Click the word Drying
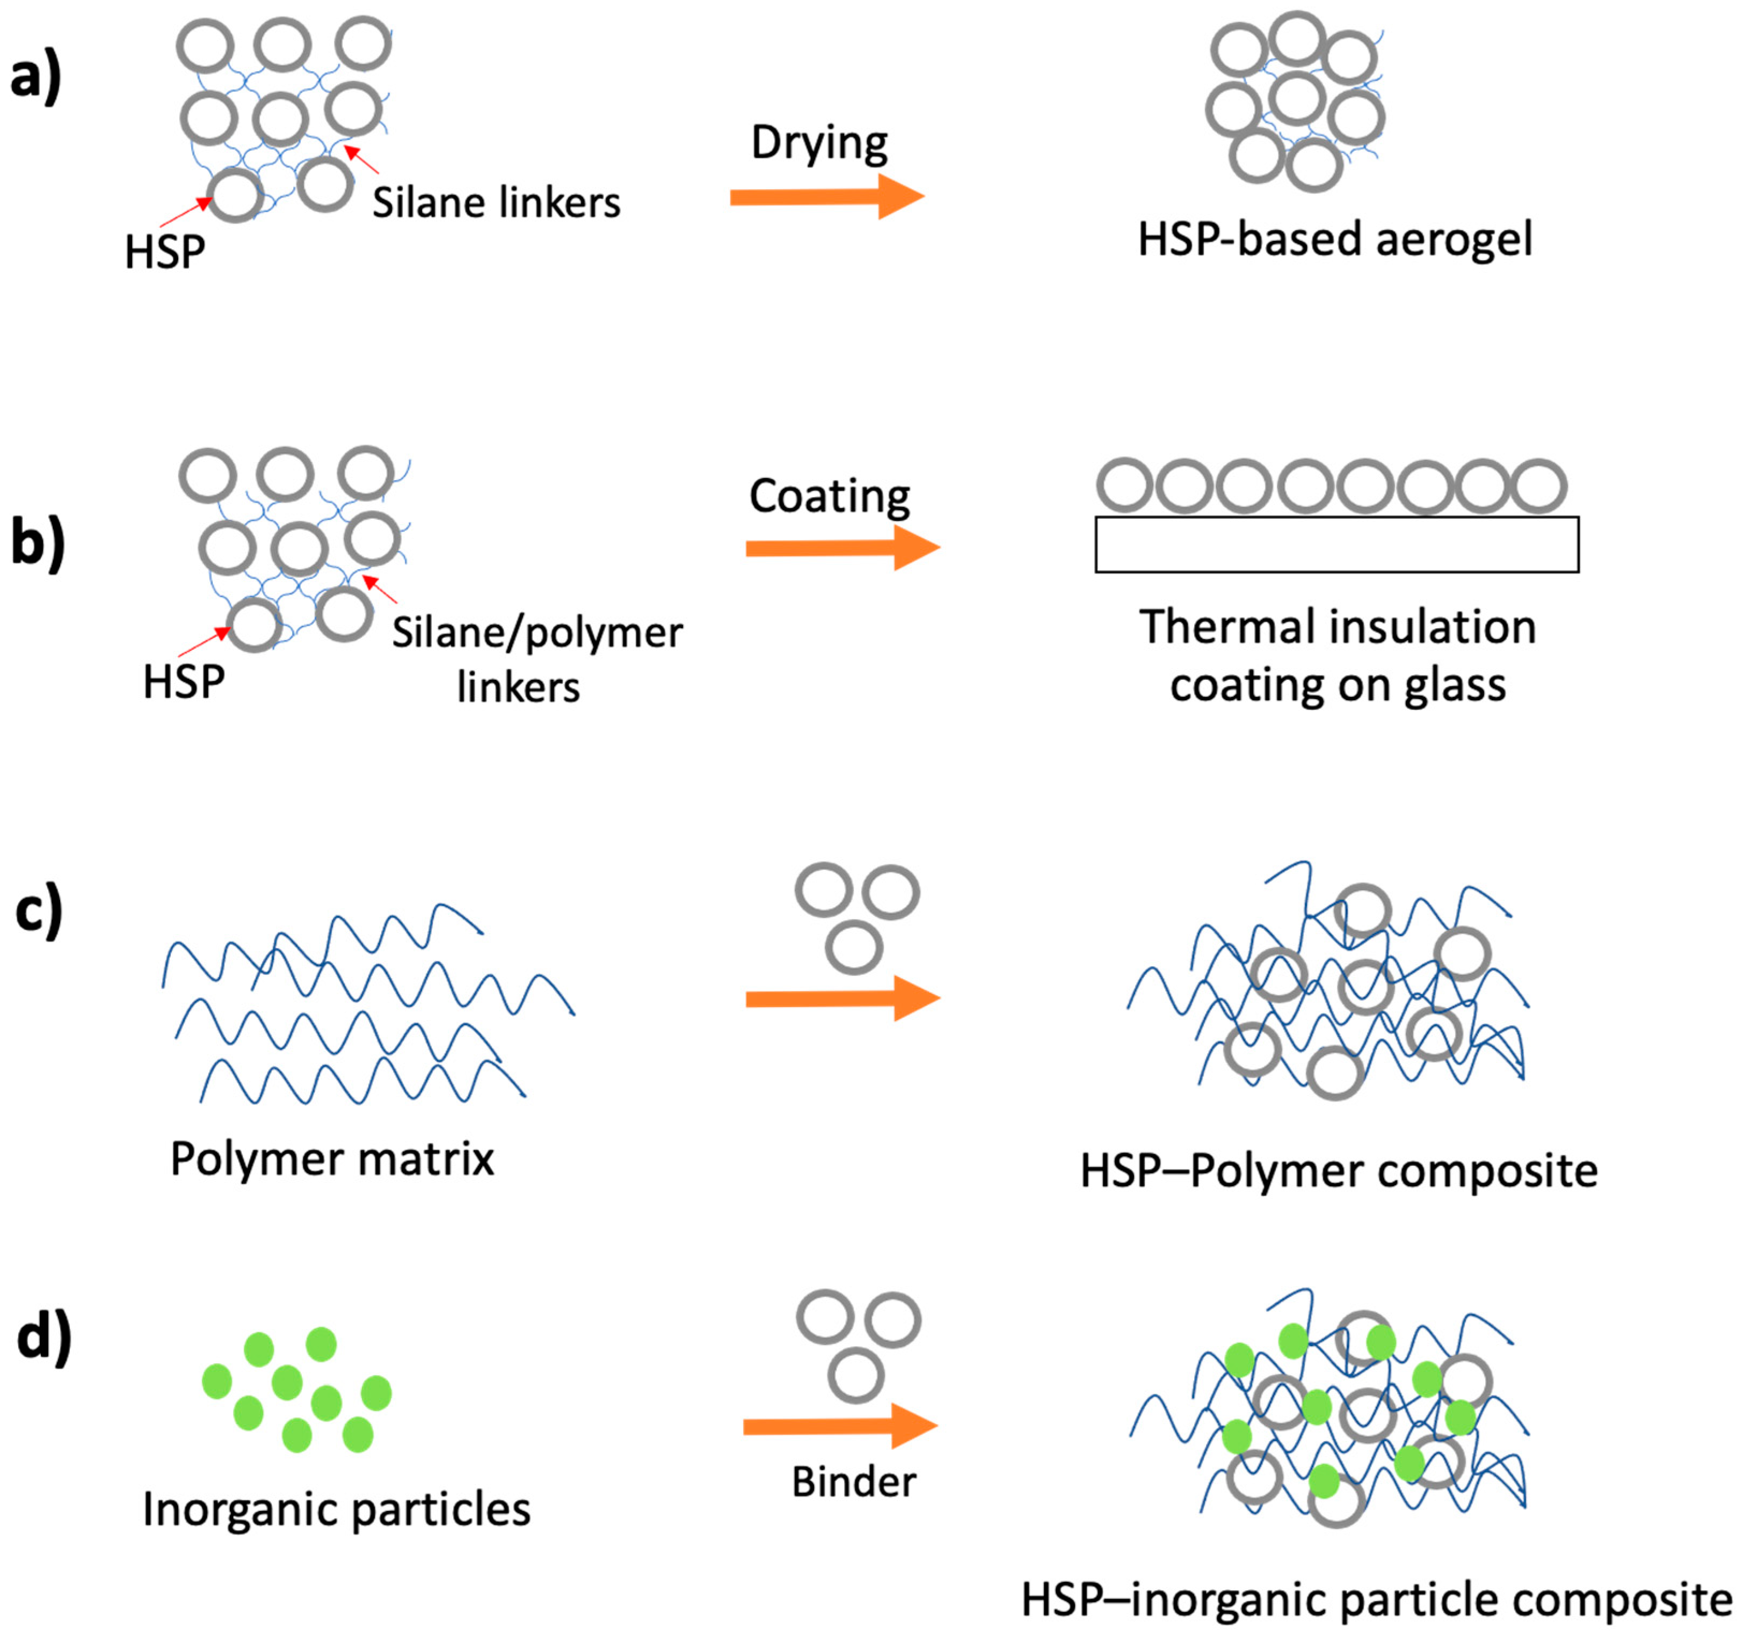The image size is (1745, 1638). click(819, 143)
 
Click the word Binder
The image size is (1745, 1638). click(853, 1482)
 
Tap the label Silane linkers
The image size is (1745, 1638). click(496, 203)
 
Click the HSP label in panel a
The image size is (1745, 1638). click(164, 252)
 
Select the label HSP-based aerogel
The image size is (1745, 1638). click(1334, 239)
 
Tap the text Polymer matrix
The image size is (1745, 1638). click(332, 1158)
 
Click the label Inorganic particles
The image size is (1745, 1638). click(336, 1510)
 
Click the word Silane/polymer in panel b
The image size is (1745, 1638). click(536, 633)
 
